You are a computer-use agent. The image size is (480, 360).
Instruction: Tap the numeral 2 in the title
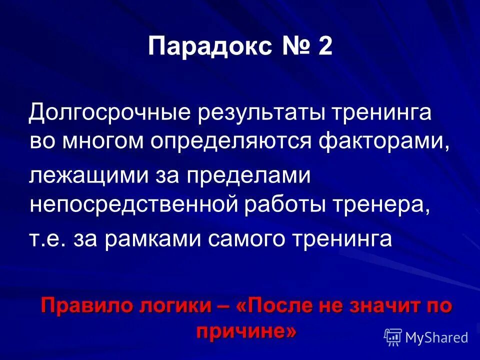click(323, 48)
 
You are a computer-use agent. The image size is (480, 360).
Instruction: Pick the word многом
click(104, 141)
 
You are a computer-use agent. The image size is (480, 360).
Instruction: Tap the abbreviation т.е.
click(47, 239)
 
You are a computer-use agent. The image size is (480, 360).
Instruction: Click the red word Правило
click(82, 304)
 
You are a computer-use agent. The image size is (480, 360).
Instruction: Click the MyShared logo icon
click(392, 337)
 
